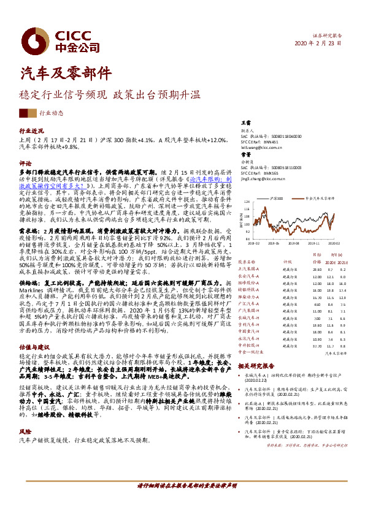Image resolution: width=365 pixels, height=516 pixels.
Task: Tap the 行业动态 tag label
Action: tap(52, 113)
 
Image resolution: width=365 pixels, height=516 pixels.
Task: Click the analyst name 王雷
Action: tap(245, 124)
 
